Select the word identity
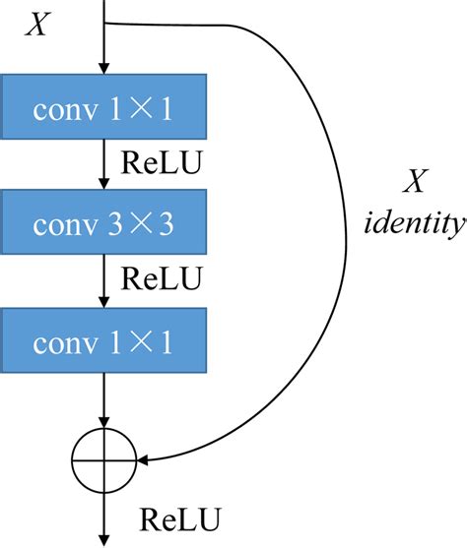click(x=414, y=224)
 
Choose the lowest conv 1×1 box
click(x=106, y=343)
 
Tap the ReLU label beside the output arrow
click(x=179, y=518)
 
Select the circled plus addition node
click(x=103, y=457)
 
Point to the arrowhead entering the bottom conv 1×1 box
click(x=103, y=304)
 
